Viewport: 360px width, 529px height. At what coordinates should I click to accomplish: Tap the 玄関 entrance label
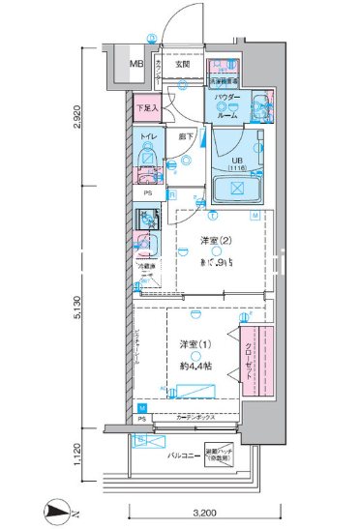pos(183,65)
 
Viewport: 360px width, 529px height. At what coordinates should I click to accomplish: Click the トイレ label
pos(148,138)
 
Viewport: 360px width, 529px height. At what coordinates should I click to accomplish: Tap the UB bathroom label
pos(236,162)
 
